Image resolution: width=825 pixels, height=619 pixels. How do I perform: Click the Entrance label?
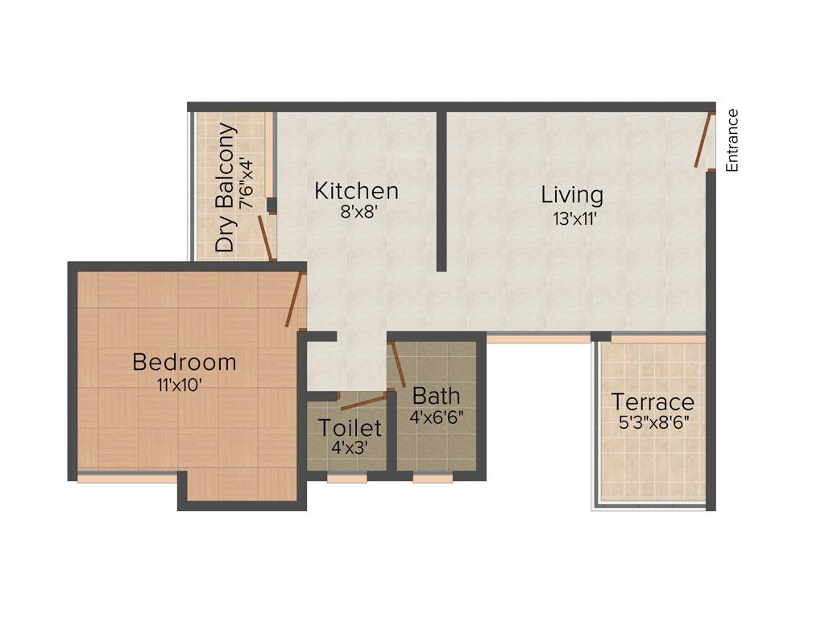point(732,139)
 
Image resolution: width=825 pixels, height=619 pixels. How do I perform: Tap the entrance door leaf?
point(703,140)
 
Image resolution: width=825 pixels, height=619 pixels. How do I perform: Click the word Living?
point(571,195)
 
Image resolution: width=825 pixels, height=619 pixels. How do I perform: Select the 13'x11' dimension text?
point(574,218)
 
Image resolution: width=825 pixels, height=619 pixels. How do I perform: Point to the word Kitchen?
point(356,191)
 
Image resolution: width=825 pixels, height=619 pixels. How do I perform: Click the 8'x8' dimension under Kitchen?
point(357,214)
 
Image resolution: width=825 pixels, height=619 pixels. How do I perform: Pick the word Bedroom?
point(184,362)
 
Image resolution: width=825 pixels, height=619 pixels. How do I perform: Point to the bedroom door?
point(294,299)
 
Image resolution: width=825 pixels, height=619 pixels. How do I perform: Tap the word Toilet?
point(349,427)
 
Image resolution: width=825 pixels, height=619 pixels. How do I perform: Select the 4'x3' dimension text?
point(349,448)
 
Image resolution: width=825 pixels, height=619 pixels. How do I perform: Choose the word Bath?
point(436,396)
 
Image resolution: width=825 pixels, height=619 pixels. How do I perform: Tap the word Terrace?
point(652,401)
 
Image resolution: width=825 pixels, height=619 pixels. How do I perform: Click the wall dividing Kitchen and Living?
point(442,190)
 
